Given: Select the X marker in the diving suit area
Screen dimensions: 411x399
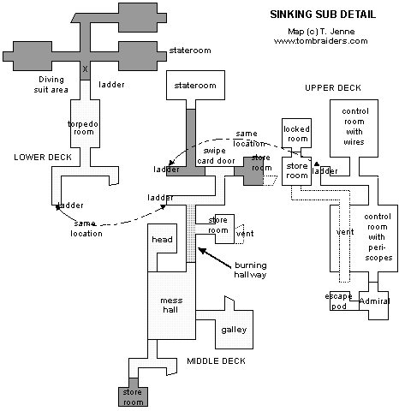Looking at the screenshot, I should click(x=85, y=68).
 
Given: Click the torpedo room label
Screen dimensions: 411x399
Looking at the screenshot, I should click(x=85, y=128).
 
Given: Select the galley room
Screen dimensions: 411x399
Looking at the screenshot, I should click(x=234, y=330).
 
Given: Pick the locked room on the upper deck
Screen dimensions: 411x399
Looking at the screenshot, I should click(x=296, y=134).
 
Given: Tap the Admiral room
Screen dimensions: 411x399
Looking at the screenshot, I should click(x=375, y=301).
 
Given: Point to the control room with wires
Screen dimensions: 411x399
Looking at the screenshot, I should click(x=354, y=127).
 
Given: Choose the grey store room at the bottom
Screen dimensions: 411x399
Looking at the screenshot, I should click(x=132, y=396).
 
